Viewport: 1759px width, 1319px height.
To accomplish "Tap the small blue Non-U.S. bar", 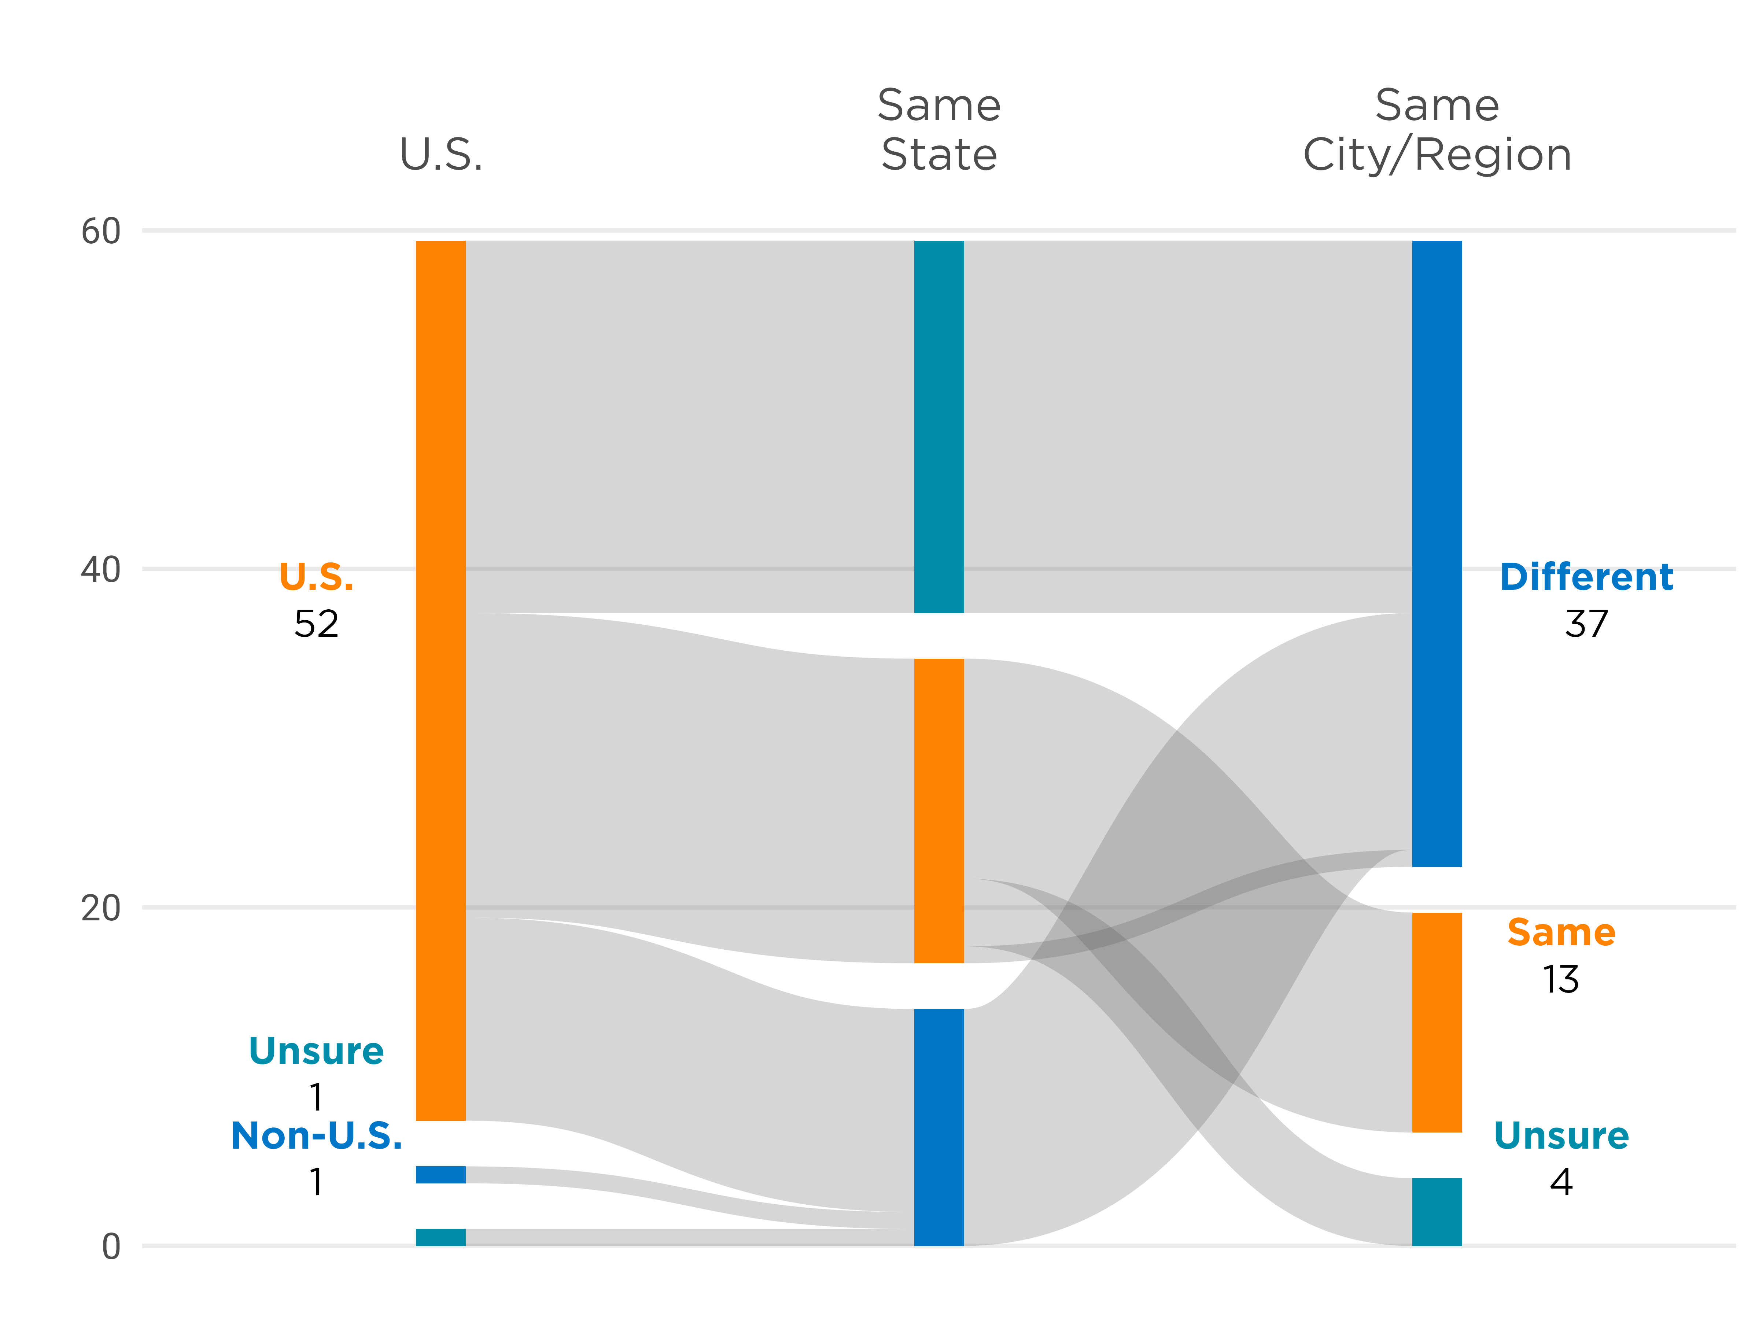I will pos(440,1174).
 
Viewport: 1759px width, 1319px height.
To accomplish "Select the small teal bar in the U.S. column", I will pos(440,1237).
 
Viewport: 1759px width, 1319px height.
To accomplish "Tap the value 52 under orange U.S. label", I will pos(317,624).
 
